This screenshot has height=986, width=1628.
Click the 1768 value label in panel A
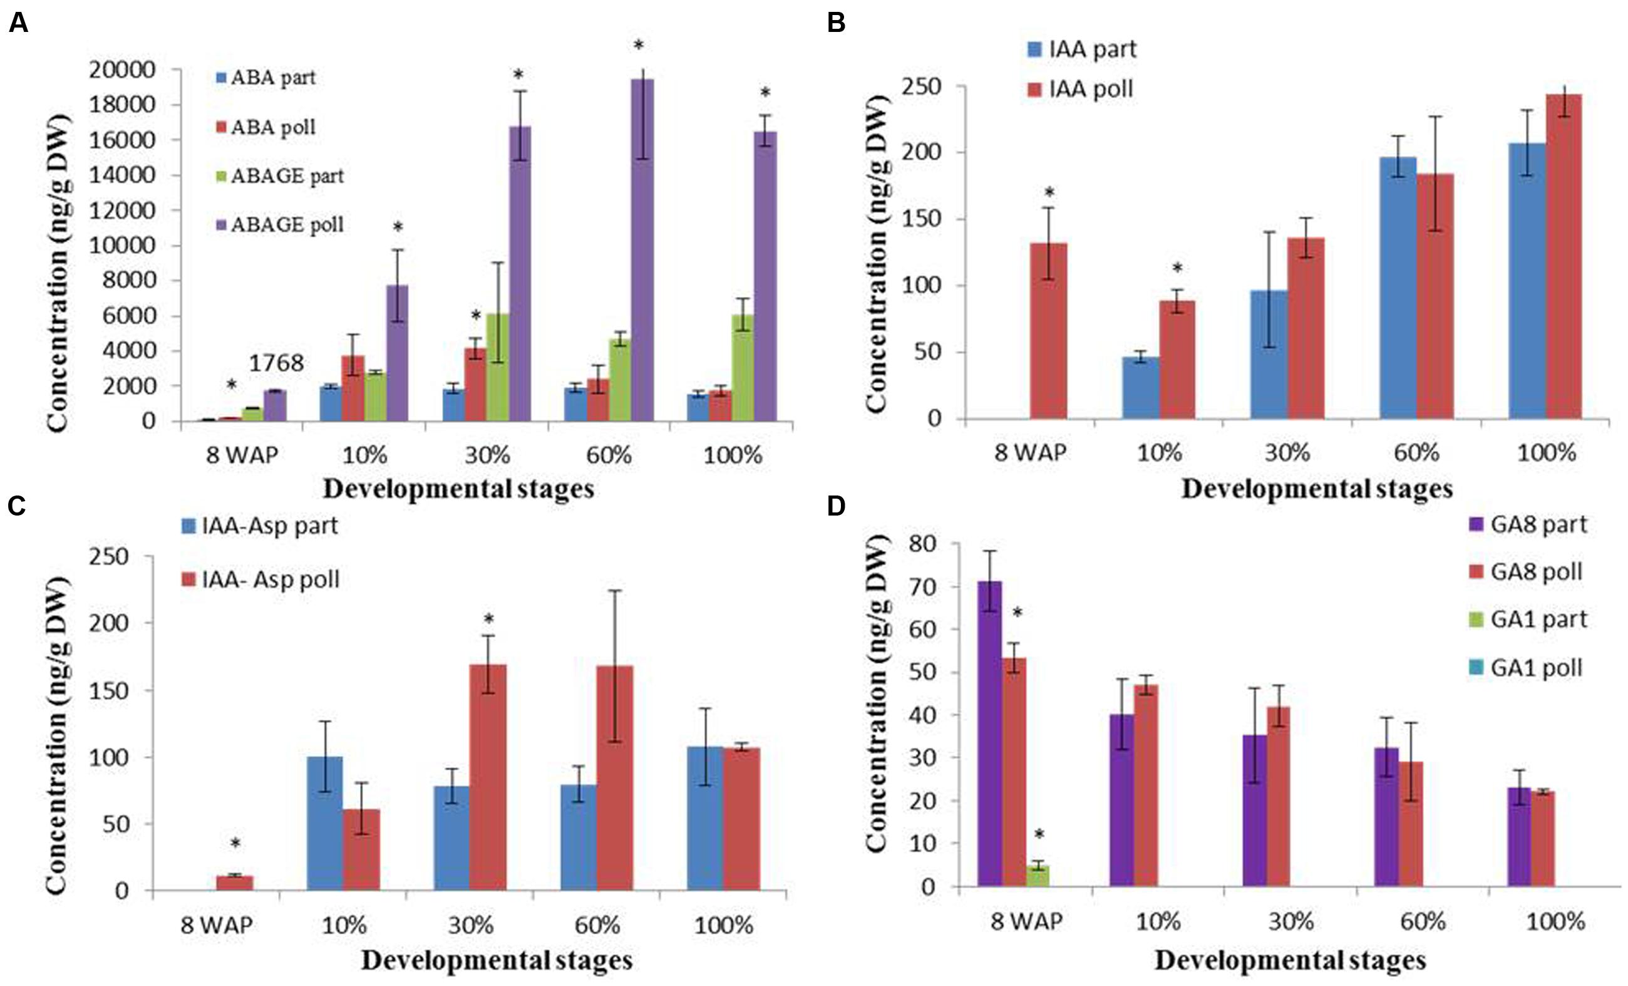(x=276, y=363)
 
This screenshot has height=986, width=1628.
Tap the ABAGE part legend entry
(x=280, y=177)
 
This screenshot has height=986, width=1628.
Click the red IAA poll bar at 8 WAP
(x=1049, y=330)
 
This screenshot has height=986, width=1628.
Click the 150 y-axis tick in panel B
(x=925, y=219)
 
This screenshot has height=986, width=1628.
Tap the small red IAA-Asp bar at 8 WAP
(x=235, y=883)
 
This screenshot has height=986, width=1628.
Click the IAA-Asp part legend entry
(x=260, y=526)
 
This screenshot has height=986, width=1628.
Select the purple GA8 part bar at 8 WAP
(x=990, y=734)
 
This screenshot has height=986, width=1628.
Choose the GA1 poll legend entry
(x=1527, y=668)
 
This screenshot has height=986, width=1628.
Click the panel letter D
(x=836, y=506)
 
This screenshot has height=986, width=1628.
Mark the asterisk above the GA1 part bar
(x=1039, y=834)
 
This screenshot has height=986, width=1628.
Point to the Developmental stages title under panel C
(x=497, y=960)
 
